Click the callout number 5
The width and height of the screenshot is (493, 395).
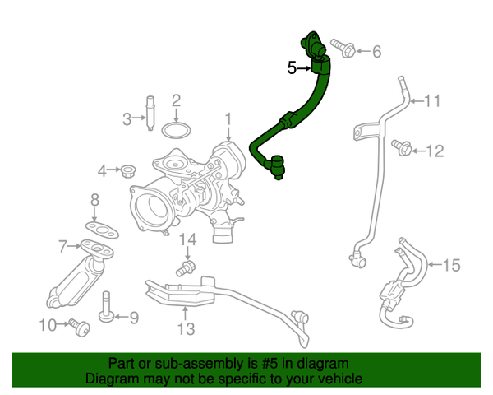point(293,68)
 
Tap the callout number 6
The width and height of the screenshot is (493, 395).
point(376,52)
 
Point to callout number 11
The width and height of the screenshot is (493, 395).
point(432,102)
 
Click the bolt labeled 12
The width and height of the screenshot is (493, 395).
point(402,148)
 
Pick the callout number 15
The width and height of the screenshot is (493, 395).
point(452,265)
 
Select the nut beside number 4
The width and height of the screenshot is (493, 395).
point(127,171)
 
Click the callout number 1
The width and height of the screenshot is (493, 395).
point(229,120)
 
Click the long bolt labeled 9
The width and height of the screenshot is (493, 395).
point(108,308)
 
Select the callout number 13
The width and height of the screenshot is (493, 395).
point(186,330)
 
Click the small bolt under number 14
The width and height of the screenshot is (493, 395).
point(185,267)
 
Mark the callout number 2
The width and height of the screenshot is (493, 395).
point(176,101)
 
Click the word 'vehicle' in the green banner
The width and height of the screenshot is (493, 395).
point(334,379)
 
